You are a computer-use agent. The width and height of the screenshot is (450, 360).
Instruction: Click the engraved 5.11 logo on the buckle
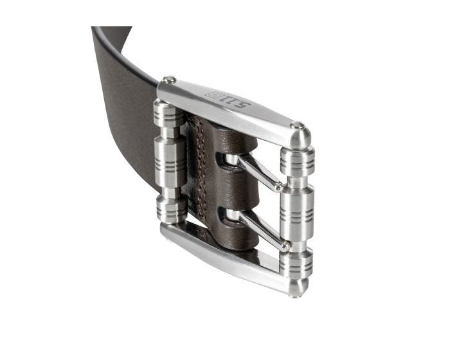click(228, 99)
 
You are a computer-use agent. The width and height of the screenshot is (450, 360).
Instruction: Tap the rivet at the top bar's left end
click(169, 80)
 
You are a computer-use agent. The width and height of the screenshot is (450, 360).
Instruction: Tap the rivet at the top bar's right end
click(297, 125)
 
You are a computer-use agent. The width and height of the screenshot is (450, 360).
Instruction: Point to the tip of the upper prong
click(278, 188)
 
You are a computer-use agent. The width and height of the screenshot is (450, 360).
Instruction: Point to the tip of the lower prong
click(285, 246)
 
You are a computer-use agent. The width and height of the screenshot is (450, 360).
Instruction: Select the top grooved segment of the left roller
click(169, 113)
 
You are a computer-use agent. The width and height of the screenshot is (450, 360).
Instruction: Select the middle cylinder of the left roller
click(170, 162)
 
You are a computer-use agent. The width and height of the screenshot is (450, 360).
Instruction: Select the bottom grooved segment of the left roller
click(172, 210)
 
